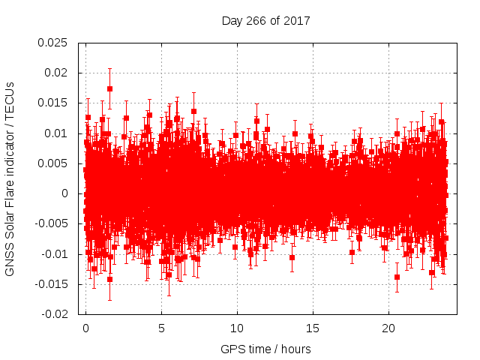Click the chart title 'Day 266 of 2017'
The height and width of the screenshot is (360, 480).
[x=265, y=20]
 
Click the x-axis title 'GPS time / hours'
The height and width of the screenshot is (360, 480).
[x=265, y=349]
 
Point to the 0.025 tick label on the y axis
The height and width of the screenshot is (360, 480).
[x=52, y=43]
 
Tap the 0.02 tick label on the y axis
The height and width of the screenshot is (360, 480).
[x=55, y=73]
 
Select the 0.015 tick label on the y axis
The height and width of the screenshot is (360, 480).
[x=52, y=103]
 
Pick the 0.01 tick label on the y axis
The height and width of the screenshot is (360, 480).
[x=55, y=133]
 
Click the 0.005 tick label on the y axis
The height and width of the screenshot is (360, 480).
[x=52, y=163]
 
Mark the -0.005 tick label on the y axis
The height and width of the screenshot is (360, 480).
[x=51, y=224]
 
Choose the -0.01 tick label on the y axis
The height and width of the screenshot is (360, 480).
[x=54, y=254]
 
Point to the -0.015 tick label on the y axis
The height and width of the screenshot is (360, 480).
[x=51, y=284]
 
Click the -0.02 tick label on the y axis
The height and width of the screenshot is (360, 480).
[x=54, y=314]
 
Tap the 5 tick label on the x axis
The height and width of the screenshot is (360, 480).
[x=161, y=328]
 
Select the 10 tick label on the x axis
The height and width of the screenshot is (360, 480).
[x=237, y=328]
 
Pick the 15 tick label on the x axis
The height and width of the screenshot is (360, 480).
[x=313, y=328]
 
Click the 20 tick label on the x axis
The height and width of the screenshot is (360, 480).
[x=388, y=328]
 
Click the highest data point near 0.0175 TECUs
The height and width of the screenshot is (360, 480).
[x=109, y=88]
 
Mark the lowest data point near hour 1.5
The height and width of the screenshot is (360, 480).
[x=109, y=280]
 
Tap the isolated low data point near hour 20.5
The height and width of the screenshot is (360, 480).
[x=397, y=277]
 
